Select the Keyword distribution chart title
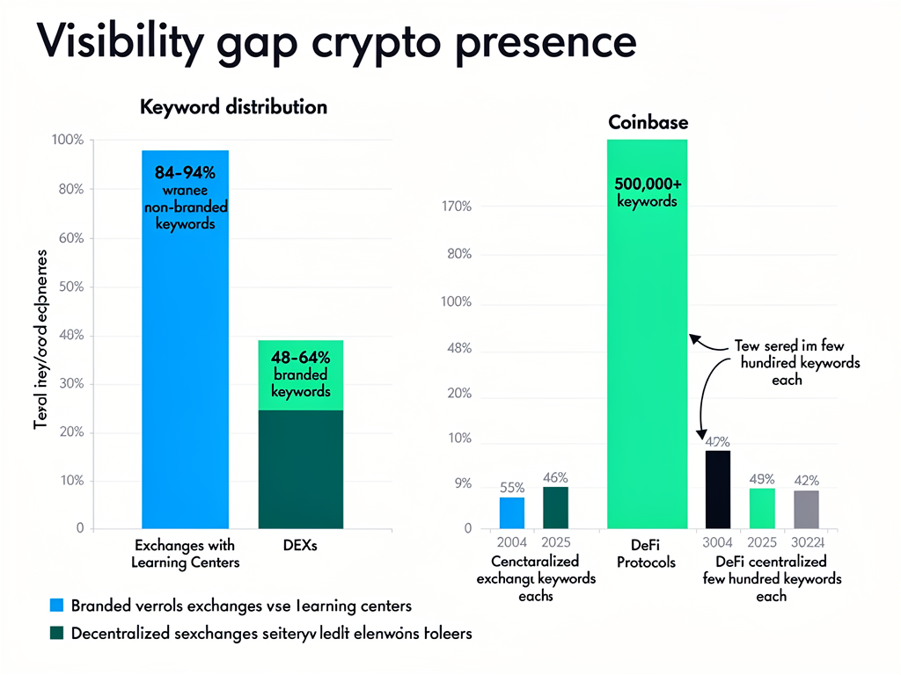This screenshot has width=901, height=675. (233, 107)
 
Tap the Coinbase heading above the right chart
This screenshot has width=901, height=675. (648, 122)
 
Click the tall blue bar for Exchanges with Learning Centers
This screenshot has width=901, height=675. (185, 352)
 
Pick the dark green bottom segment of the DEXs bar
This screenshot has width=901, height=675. (300, 470)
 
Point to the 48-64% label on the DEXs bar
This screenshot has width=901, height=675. (301, 358)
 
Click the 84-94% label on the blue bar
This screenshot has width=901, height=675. (185, 172)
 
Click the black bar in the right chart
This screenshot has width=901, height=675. (717, 490)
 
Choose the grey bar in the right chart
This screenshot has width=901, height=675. (806, 510)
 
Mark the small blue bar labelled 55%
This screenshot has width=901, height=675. (511, 513)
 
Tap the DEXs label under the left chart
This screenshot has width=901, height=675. (300, 546)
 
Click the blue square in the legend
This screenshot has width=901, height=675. (57, 605)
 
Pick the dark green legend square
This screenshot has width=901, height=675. (57, 632)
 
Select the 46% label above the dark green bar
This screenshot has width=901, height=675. (555, 478)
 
